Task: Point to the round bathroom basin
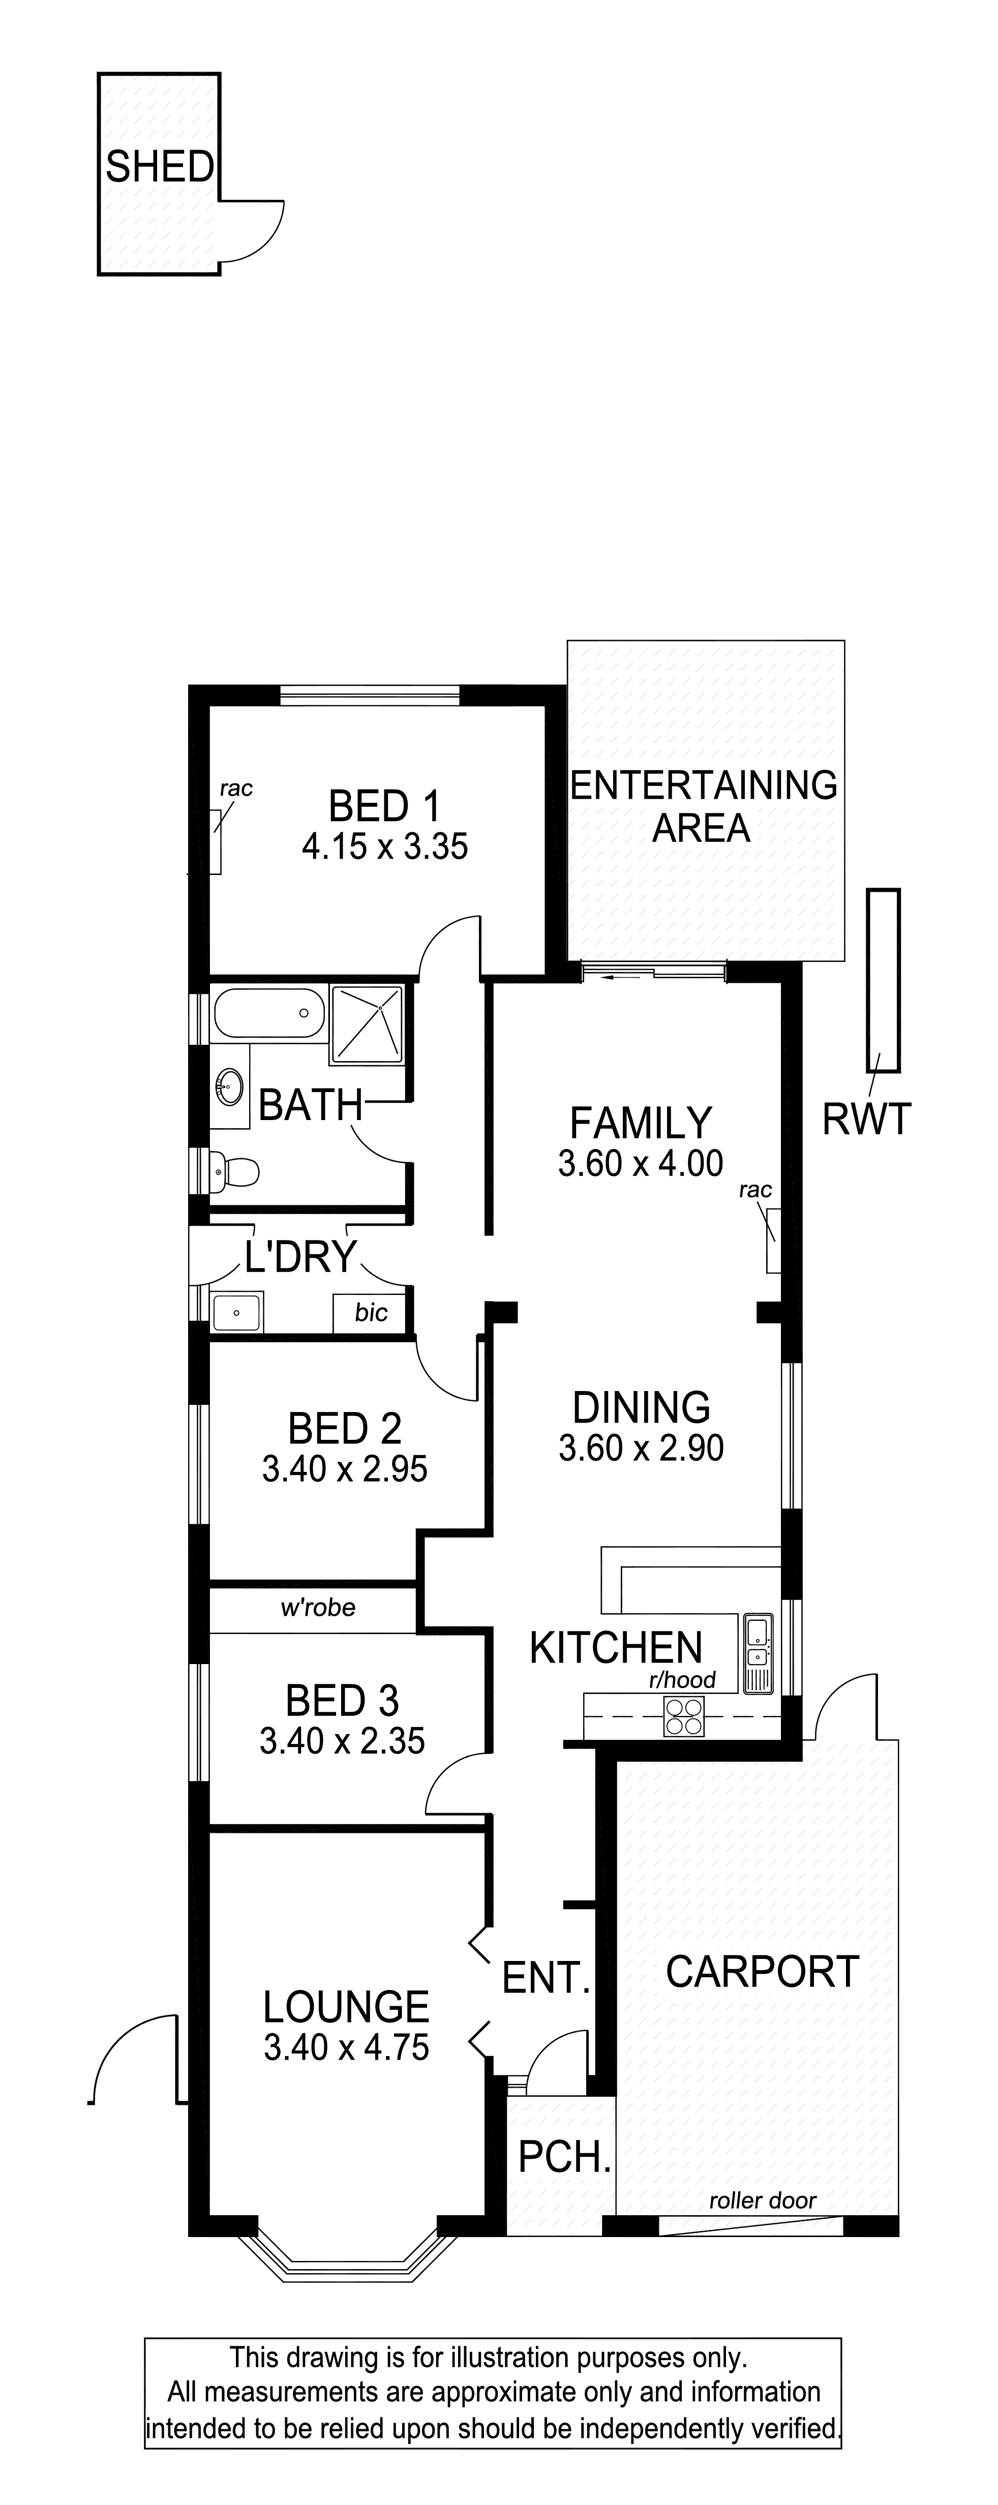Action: (x=230, y=1086)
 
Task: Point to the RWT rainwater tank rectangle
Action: (x=884, y=980)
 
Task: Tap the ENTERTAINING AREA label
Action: (x=703, y=806)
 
